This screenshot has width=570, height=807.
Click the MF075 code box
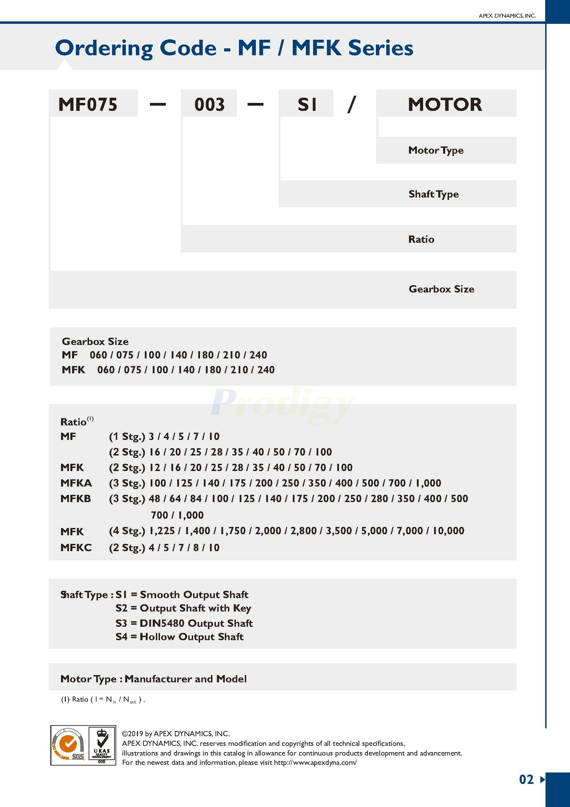point(88,104)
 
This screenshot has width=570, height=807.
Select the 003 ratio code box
point(209,104)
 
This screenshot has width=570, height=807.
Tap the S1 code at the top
point(307,104)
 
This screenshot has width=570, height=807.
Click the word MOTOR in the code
point(445,104)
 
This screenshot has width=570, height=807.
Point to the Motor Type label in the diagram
point(436,151)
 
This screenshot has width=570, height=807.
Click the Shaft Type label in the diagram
point(433,194)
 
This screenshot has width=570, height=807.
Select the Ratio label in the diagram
point(421,239)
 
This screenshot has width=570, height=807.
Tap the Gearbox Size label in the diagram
point(441,289)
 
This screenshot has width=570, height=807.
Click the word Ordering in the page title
point(104,48)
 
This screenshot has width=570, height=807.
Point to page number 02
point(526,780)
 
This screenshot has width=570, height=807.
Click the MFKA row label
point(76,483)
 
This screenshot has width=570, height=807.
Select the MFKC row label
point(76,547)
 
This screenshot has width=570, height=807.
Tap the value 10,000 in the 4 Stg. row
point(448,530)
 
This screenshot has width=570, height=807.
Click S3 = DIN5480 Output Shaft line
point(184,623)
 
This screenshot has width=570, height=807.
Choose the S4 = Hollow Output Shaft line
point(180,637)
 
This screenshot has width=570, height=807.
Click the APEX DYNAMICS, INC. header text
point(507,16)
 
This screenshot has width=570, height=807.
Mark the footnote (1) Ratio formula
point(103,700)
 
